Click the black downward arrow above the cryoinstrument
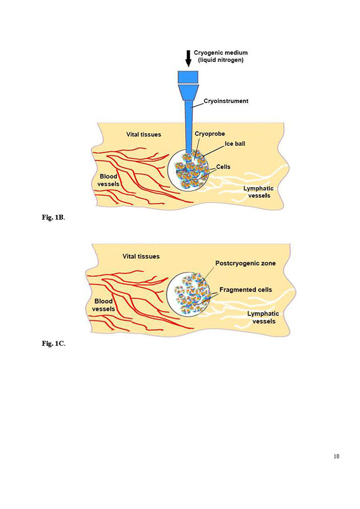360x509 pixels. (x=188, y=58)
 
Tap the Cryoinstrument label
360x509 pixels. (x=226, y=101)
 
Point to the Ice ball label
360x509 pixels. (x=235, y=144)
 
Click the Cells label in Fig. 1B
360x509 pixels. (x=223, y=167)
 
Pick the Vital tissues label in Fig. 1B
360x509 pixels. (x=143, y=134)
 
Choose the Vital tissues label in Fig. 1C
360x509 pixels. (x=141, y=256)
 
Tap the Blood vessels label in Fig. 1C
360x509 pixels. (x=103, y=305)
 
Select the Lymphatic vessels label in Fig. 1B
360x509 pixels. (x=258, y=192)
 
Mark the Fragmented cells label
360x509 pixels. (x=245, y=290)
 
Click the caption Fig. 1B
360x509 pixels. (x=53, y=218)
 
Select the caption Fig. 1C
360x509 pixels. (x=53, y=343)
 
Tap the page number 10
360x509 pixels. (x=335, y=456)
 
